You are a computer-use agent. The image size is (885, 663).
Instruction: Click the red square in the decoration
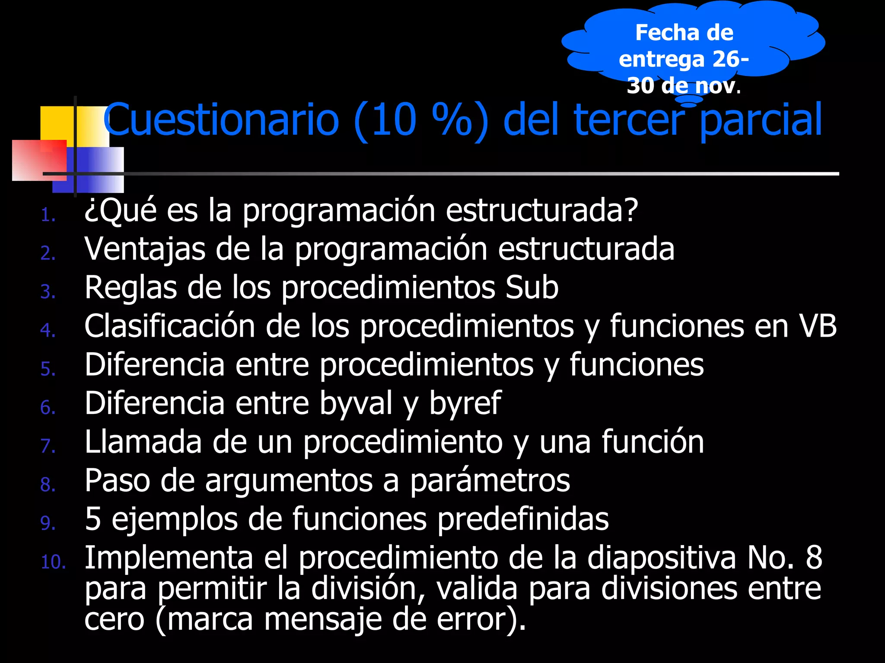pos(39,160)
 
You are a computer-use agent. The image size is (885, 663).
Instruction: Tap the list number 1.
pos(48,215)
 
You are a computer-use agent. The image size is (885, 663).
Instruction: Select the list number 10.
pos(53,562)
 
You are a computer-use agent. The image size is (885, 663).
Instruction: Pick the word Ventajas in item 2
pos(145,249)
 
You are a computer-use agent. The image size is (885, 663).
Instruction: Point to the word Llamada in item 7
pos(143,442)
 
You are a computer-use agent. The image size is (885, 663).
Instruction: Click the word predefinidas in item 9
pos(523,519)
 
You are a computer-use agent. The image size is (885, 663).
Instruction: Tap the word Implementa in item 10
pos(169,558)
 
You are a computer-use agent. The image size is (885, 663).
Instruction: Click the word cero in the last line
pos(114,620)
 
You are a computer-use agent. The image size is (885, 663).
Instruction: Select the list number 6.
pos(48,407)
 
